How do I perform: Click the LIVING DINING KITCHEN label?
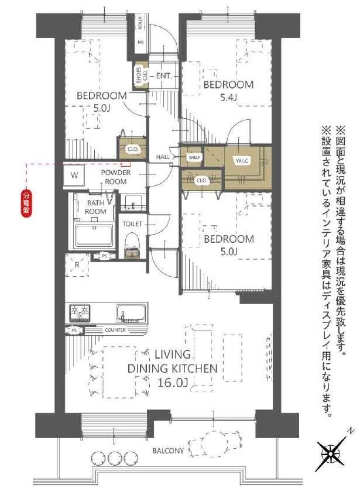coord(173,362)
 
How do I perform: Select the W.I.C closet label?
coord(242,161)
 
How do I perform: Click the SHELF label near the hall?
coord(194,157)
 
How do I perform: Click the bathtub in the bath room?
coord(94,236)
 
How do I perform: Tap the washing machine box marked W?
coord(75,175)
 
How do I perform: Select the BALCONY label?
coord(168,450)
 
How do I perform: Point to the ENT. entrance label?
coord(163,77)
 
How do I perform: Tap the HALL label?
coord(163,157)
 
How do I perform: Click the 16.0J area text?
coord(173,383)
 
